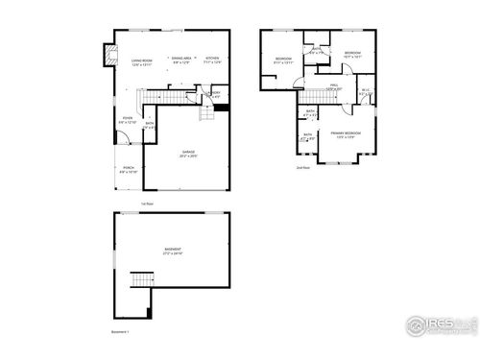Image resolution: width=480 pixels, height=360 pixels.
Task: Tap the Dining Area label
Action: [x=180, y=60]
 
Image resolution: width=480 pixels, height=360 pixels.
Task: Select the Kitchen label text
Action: [x=212, y=60]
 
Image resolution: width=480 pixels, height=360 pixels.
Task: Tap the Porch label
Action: [x=128, y=170]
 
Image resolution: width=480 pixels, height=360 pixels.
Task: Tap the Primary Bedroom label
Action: [x=345, y=135]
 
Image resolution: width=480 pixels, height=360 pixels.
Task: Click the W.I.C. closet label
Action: [x=366, y=92]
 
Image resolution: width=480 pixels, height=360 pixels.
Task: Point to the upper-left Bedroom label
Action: [x=284, y=60]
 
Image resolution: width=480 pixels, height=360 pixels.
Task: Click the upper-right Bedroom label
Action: [x=351, y=55]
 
